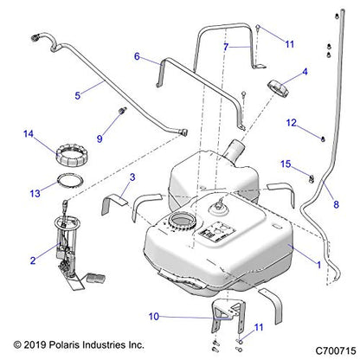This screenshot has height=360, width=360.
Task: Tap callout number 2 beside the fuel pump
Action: (32, 260)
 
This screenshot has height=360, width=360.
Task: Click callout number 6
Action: (137, 56)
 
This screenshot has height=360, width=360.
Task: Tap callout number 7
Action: (226, 45)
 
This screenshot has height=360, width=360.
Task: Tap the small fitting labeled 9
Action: (120, 112)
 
